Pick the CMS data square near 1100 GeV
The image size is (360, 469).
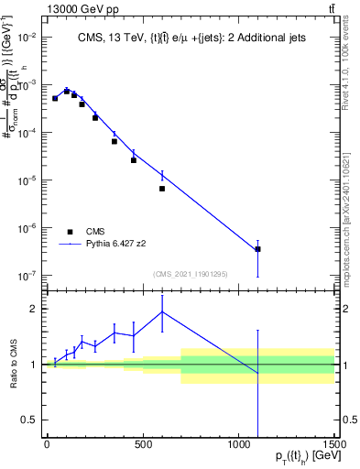(x=257, y=249)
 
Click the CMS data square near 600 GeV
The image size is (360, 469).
(x=162, y=189)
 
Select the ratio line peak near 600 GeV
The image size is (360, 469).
(x=162, y=311)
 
